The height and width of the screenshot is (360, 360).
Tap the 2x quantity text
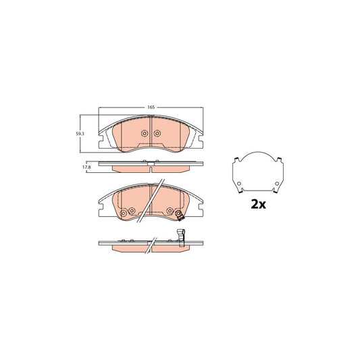257,205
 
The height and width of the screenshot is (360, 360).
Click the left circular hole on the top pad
144,134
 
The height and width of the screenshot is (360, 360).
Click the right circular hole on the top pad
157,134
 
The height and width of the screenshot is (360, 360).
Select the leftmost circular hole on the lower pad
122,215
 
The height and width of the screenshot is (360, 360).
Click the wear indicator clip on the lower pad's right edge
179,215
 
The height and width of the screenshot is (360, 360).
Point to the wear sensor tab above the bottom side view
180,235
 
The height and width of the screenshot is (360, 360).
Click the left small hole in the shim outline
238,184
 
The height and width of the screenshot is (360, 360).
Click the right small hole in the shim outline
276,184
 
